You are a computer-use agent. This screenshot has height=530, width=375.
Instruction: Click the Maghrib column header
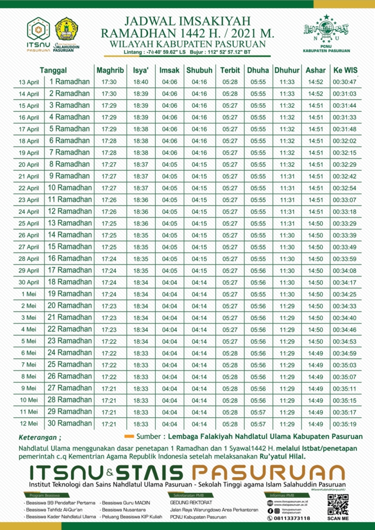[x=110, y=70]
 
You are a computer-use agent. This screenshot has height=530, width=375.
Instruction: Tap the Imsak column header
[x=169, y=70]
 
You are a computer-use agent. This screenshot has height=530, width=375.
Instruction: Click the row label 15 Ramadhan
[x=69, y=247]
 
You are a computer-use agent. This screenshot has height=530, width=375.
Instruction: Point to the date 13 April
[x=29, y=82]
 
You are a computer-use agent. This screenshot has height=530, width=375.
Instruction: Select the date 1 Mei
[x=29, y=294]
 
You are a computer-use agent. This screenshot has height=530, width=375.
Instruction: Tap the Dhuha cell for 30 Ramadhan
[x=258, y=423]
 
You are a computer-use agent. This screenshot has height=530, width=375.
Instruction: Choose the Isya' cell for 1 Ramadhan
[x=141, y=82]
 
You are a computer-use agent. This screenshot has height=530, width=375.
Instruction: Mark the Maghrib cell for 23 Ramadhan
[x=109, y=341]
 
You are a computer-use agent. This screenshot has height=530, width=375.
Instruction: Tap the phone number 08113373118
[x=292, y=518]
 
